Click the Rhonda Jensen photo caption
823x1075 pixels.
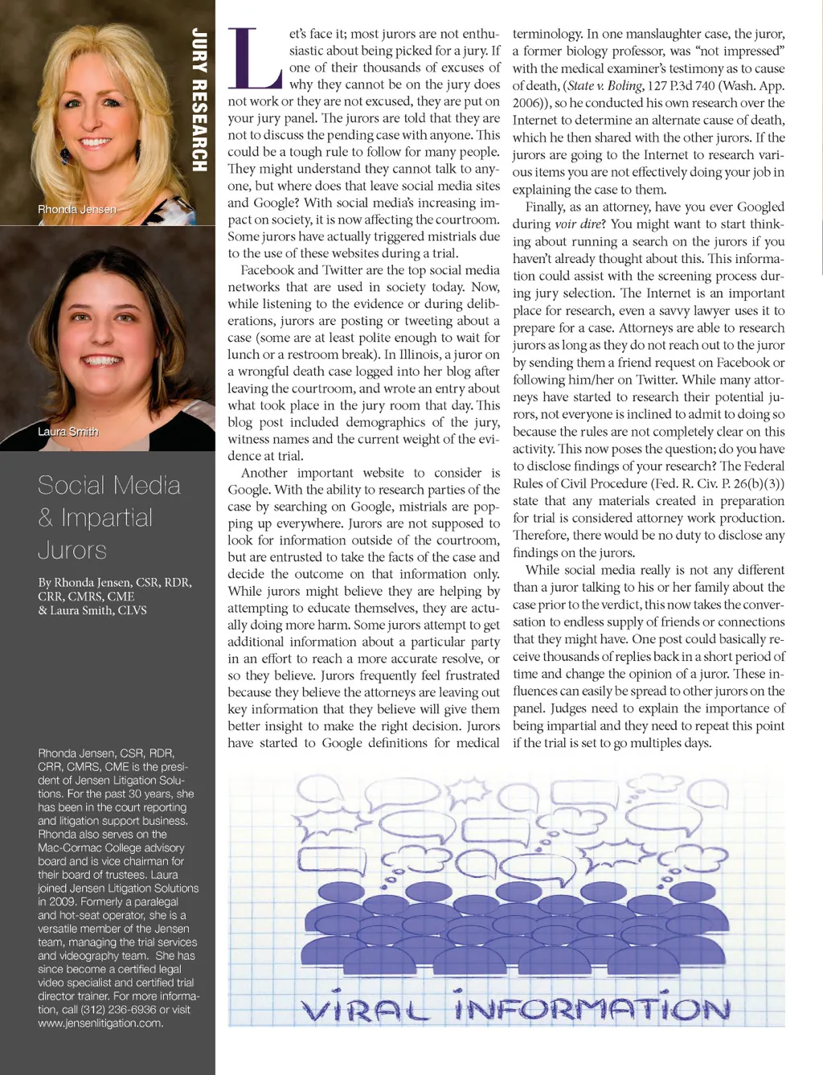[x=77, y=209]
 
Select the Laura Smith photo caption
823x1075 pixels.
[x=68, y=432]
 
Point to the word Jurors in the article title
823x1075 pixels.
[x=72, y=551]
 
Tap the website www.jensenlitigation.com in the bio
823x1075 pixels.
[x=100, y=1024]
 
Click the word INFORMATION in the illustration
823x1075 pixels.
[x=592, y=1007]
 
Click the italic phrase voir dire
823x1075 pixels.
[x=577, y=224]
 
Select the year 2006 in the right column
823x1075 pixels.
[x=527, y=103]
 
